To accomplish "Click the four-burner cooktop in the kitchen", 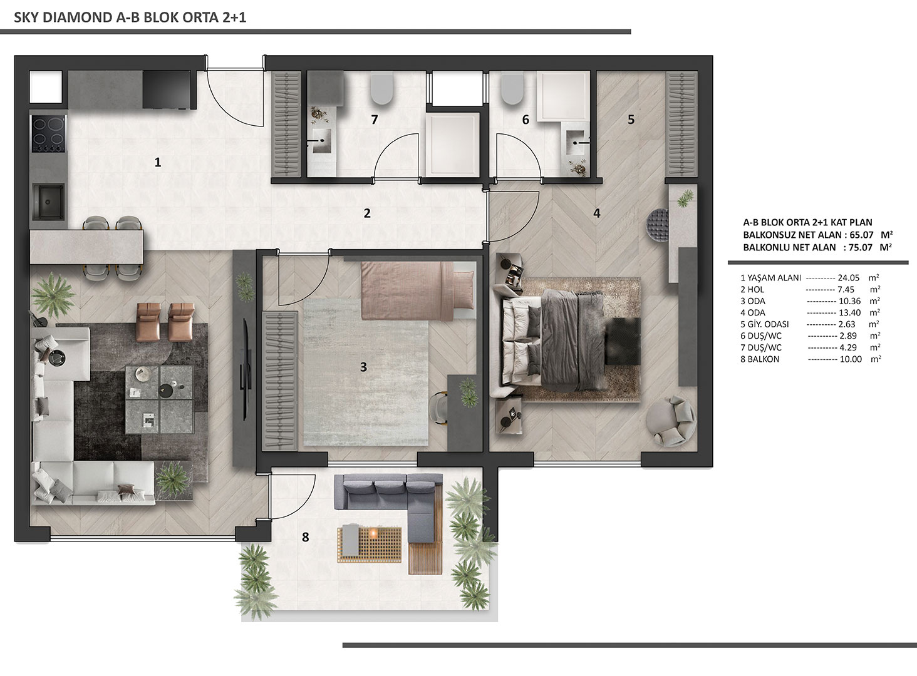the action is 49,134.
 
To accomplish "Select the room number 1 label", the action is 158,163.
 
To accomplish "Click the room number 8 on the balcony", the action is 306,537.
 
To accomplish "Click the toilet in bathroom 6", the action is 512,88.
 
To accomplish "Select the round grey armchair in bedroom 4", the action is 671,421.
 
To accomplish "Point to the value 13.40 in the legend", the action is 849,312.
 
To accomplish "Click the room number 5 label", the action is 631,120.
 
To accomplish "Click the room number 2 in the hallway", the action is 367,213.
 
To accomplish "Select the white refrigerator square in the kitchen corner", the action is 46,87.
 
